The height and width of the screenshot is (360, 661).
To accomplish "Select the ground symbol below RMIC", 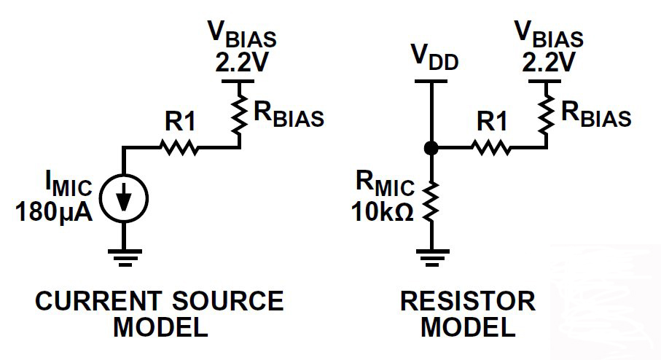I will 431,256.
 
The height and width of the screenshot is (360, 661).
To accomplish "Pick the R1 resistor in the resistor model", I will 491,147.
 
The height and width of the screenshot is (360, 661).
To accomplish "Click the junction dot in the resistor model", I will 431,148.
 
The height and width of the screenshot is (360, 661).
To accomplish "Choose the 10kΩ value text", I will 383,212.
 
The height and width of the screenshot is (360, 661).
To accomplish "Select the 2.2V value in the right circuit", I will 549,63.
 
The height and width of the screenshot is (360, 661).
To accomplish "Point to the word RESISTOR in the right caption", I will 467,300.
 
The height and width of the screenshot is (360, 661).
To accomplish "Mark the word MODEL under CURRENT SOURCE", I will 160,327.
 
